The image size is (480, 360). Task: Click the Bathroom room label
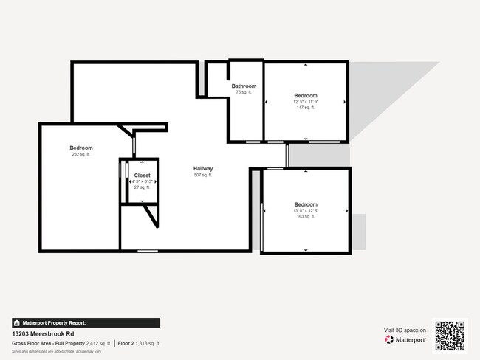tap(244, 86)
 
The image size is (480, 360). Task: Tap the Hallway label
tap(203, 168)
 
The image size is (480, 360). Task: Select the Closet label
tap(142, 176)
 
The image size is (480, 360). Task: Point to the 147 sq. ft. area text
tap(305, 108)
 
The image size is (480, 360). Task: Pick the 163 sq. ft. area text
tap(306, 217)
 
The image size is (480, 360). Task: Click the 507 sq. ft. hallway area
tap(203, 175)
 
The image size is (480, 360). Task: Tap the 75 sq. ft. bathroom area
tap(244, 92)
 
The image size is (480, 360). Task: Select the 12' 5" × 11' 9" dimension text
tap(305, 102)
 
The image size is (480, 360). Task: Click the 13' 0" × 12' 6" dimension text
tap(306, 211)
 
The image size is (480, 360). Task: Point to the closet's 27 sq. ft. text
tap(142, 187)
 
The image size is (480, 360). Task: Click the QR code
tap(450, 336)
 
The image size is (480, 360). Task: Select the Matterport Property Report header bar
tap(86, 322)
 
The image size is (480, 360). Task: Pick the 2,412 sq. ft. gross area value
tap(98, 344)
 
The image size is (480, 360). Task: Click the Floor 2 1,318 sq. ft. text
tap(139, 344)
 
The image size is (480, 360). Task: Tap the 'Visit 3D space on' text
tap(405, 330)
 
